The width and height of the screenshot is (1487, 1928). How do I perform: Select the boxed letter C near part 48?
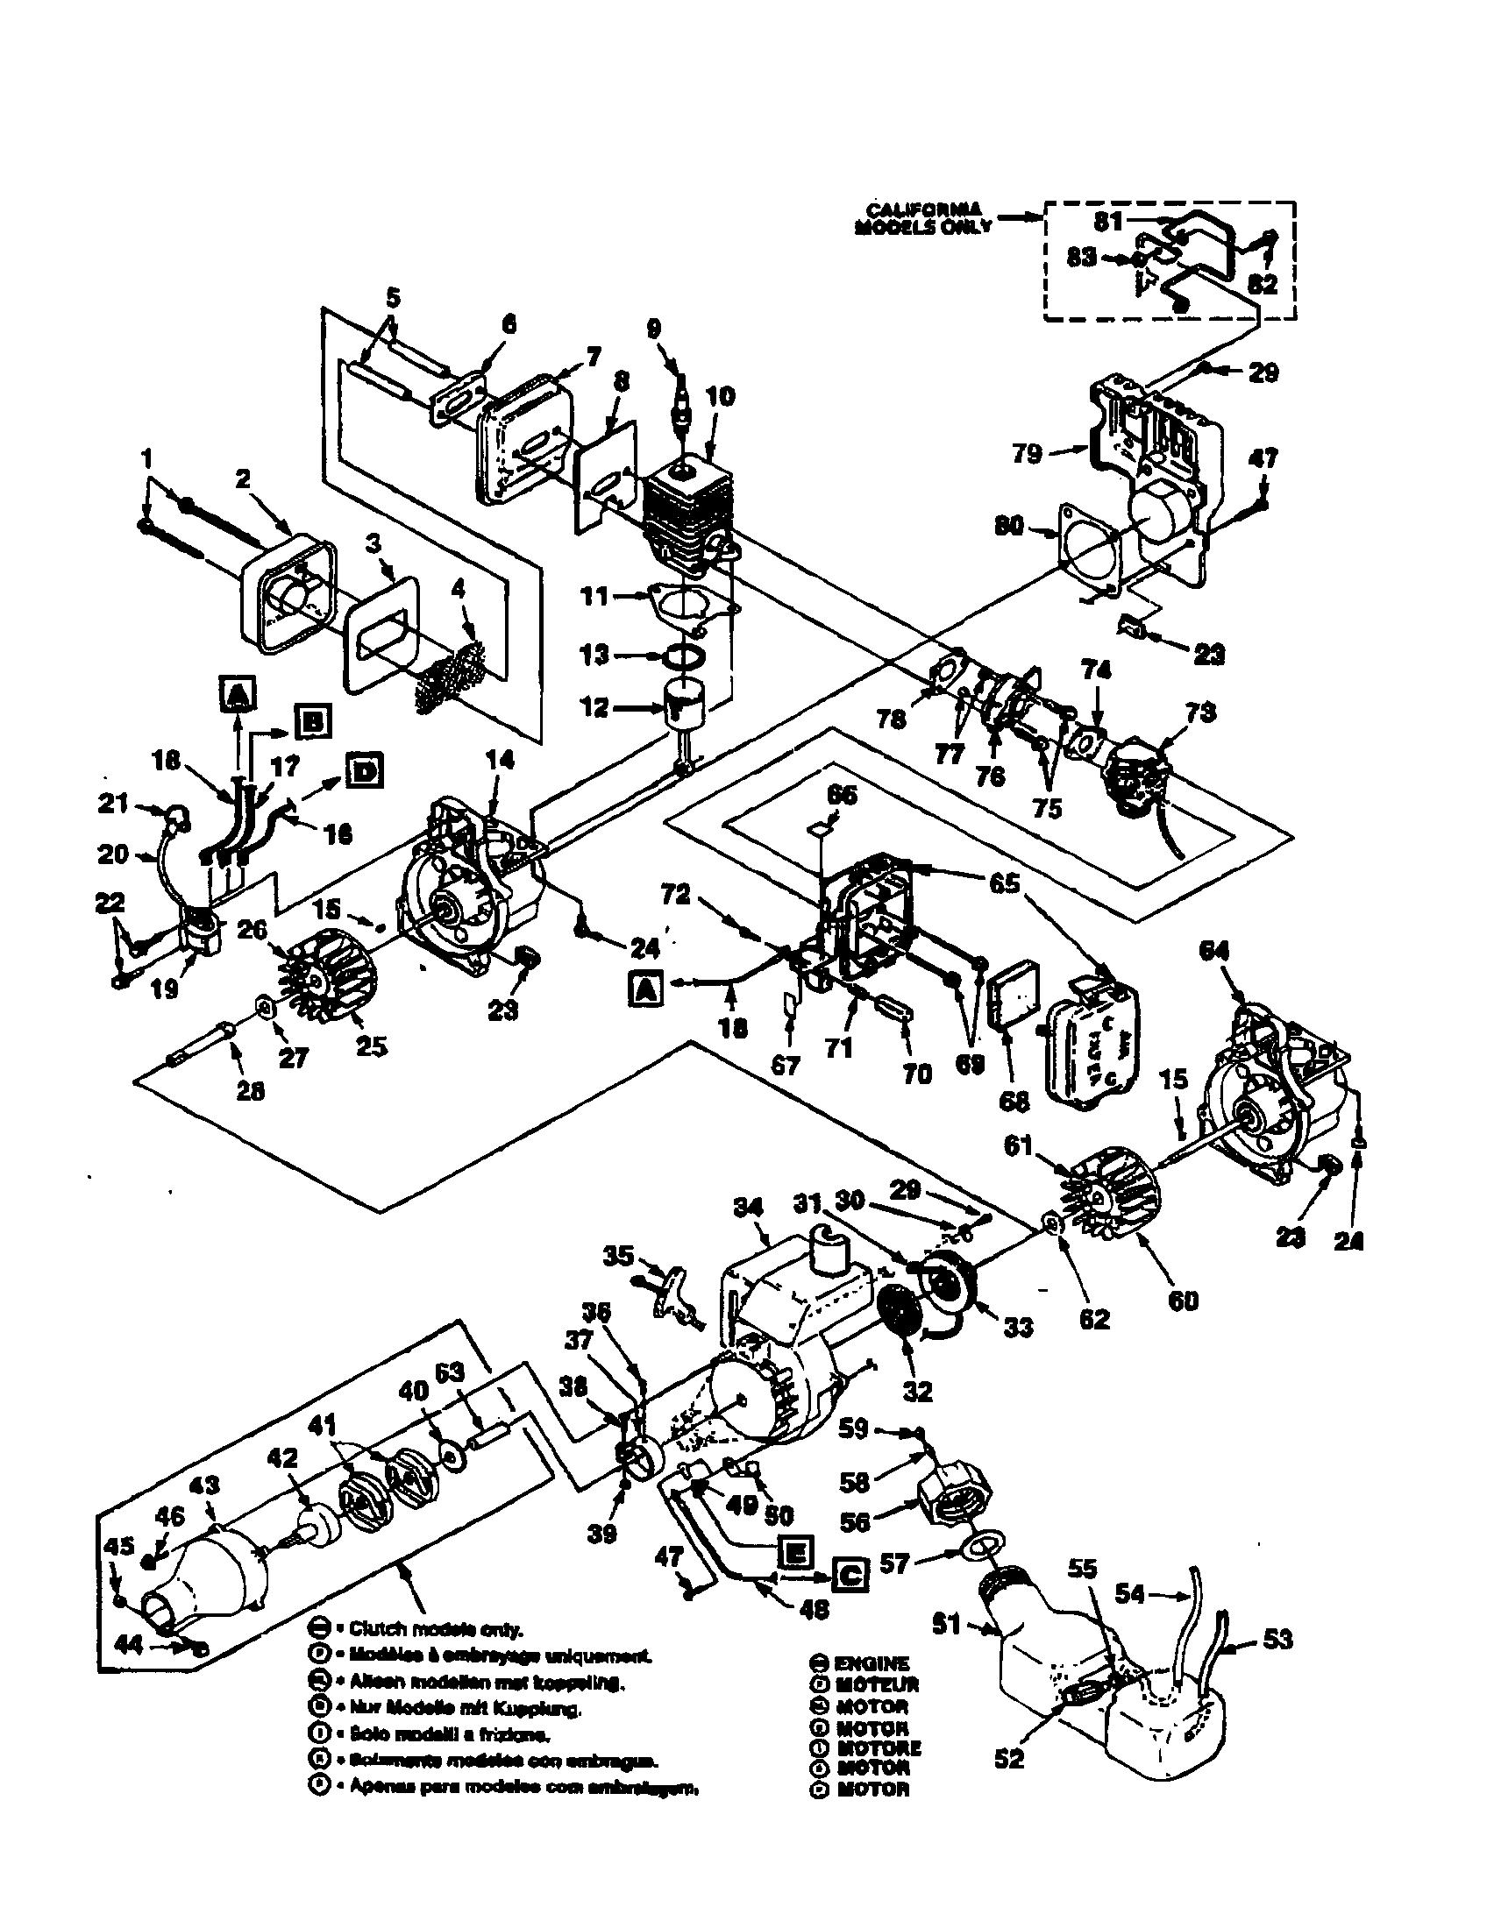850,1574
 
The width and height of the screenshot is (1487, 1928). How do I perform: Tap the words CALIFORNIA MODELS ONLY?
923,217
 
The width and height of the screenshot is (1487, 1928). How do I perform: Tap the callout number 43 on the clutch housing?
204,1485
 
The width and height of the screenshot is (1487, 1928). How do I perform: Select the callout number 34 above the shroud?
748,1209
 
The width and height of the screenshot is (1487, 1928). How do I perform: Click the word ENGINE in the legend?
872,1662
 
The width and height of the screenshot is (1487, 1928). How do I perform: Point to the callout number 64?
1215,951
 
